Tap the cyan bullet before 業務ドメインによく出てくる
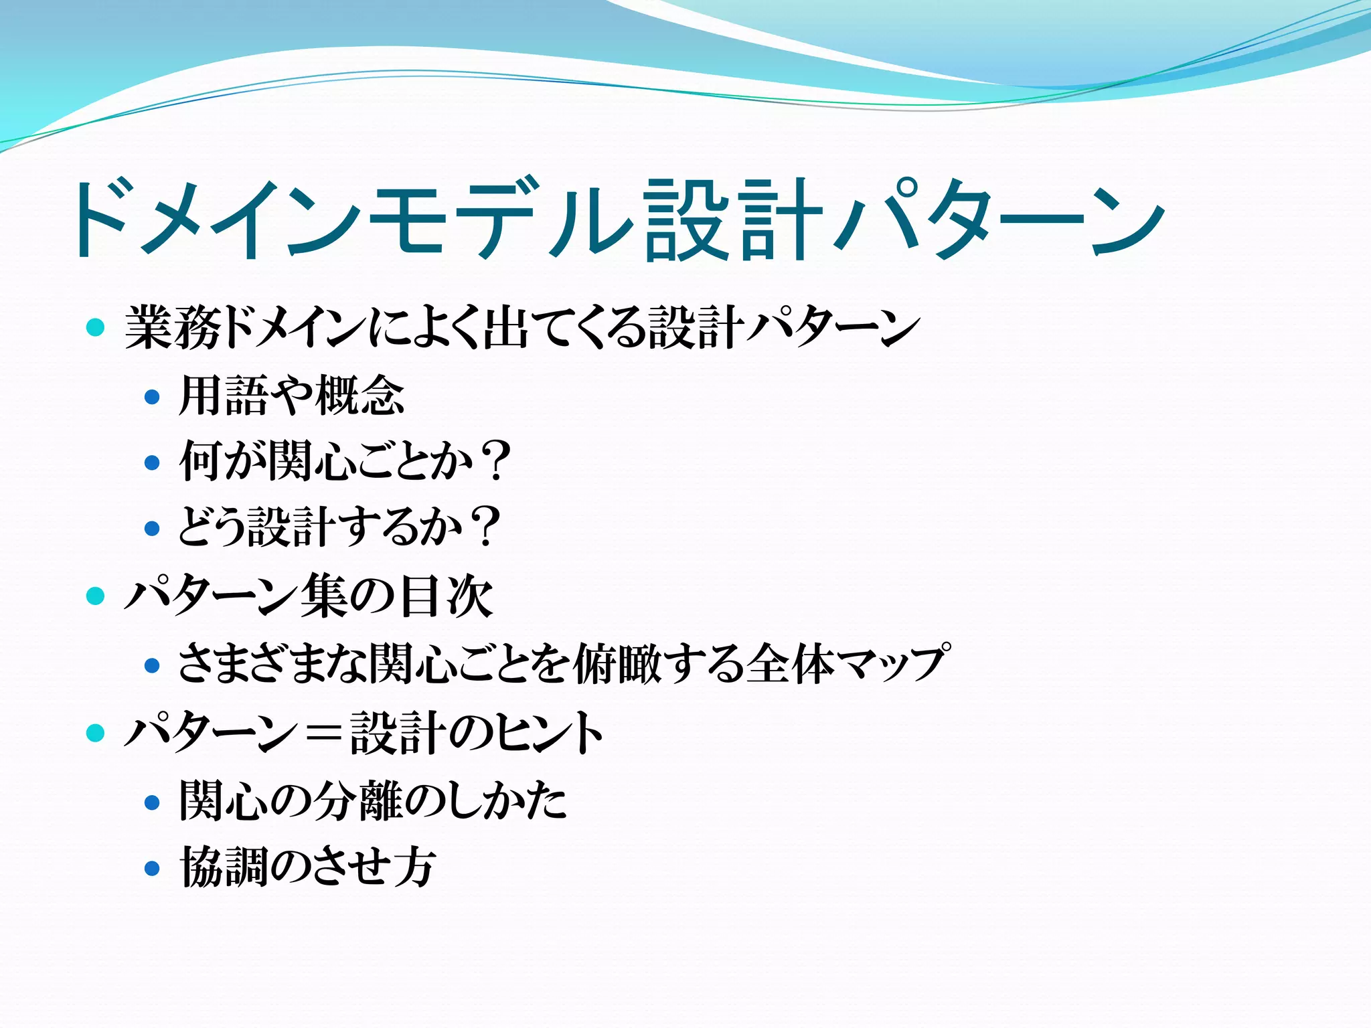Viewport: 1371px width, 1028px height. [96, 328]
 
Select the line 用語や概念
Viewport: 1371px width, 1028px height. [292, 396]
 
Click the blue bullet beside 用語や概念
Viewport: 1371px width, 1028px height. [153, 397]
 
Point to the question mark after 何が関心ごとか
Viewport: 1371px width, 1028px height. [496, 461]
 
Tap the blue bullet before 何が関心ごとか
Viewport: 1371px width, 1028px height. [153, 462]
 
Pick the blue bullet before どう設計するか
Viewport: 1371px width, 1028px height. [153, 529]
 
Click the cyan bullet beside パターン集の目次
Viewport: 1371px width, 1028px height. [96, 596]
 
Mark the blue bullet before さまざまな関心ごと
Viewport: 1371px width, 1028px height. [153, 665]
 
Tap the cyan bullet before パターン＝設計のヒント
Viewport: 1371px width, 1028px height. [96, 733]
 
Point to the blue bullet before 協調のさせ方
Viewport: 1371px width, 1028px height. [153, 869]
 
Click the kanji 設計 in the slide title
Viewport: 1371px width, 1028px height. [732, 220]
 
